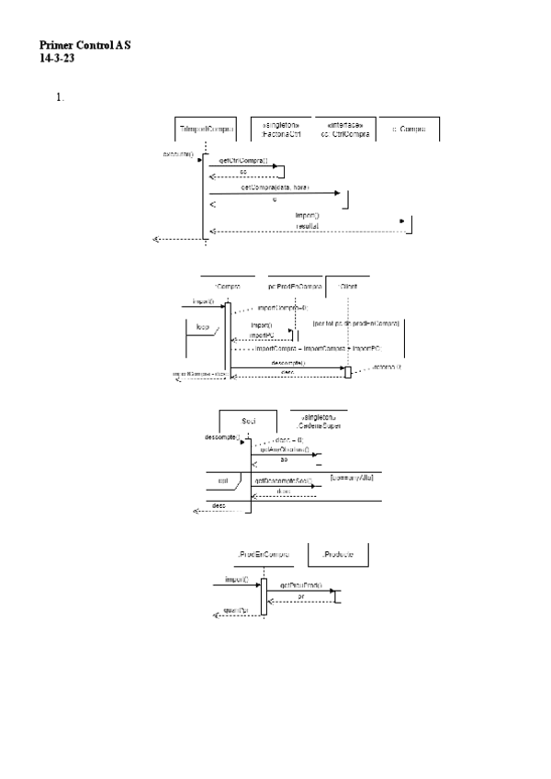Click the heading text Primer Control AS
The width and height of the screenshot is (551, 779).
(84, 43)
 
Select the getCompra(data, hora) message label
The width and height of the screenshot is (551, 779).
(275, 186)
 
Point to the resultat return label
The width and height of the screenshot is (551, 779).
(307, 225)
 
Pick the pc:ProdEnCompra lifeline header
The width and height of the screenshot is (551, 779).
(295, 288)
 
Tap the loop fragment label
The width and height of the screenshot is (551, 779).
(203, 327)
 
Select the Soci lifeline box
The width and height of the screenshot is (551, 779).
(248, 421)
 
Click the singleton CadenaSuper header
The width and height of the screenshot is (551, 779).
(319, 422)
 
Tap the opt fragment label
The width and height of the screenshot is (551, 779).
(222, 480)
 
